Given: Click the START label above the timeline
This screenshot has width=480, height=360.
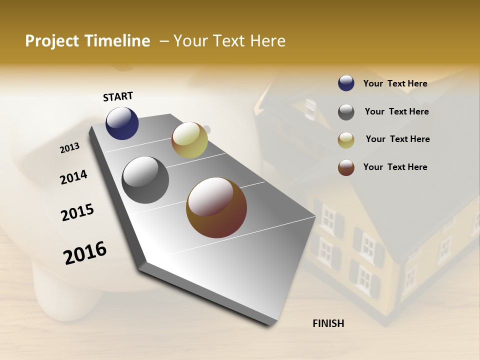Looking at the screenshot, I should tap(118, 96).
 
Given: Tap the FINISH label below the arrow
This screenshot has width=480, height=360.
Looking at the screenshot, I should tap(328, 323).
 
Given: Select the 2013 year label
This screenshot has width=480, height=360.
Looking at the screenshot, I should tap(70, 148).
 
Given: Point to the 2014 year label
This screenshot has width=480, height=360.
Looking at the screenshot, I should tap(74, 177).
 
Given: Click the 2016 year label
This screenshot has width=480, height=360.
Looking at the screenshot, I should tap(85, 252).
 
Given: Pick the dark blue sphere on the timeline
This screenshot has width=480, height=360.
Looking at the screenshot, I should tap(122, 123).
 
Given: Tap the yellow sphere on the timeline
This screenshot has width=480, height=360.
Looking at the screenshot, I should tap(189, 140).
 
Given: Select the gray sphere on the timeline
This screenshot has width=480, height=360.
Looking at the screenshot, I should tap(145, 180).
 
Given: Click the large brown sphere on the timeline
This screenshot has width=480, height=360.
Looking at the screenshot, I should tap(216, 207).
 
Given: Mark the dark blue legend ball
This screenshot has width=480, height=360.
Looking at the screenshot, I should tap(346, 83).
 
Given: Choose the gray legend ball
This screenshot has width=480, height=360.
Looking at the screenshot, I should tap(346, 112).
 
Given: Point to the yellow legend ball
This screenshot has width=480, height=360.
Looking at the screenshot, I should tap(346, 140).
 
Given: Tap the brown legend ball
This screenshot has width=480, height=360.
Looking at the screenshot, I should tap(346, 167).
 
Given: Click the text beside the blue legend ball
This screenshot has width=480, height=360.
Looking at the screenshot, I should tap(395, 83).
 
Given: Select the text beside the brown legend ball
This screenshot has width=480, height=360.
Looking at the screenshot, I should tap(395, 167).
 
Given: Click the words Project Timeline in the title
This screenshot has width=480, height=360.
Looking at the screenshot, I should tap(87, 41).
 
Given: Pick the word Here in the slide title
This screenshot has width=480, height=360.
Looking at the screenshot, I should tap(267, 41).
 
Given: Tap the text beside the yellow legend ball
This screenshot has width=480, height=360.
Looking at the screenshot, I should tap(397, 139).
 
